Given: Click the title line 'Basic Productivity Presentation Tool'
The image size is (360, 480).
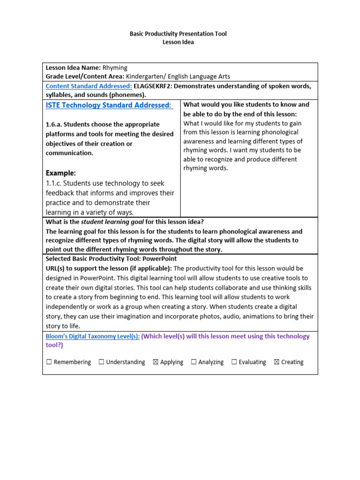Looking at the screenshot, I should (x=178, y=34).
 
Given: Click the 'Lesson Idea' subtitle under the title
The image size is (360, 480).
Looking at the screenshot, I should (x=178, y=42).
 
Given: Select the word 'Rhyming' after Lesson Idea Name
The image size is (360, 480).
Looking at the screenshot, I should (x=115, y=68).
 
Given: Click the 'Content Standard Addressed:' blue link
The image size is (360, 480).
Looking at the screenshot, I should (x=89, y=86).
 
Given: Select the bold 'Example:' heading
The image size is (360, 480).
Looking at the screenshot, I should (x=60, y=173).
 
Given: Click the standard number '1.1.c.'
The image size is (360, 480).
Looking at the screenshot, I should (x=54, y=183).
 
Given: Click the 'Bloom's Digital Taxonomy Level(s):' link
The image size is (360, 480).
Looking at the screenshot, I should (x=92, y=337).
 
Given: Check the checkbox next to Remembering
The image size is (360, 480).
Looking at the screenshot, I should (x=49, y=362).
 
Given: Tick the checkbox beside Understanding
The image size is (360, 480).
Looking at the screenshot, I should (x=101, y=362).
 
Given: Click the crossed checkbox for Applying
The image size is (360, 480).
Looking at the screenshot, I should (x=156, y=362).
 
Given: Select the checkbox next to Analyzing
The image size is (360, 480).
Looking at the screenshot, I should (x=194, y=362).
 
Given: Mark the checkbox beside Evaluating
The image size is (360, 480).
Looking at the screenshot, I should (x=234, y=362).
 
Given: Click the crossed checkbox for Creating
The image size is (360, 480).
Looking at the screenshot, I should (x=277, y=362).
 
